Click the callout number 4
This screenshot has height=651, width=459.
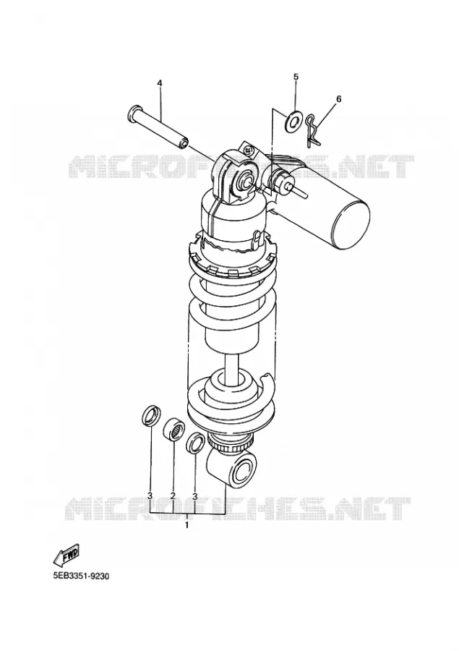(x=160, y=83)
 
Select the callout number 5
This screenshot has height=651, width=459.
(x=296, y=77)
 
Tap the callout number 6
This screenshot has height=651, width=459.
(x=338, y=99)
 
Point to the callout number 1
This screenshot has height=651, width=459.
(x=186, y=525)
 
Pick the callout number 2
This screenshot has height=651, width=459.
(x=173, y=495)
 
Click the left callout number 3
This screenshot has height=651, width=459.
(x=150, y=495)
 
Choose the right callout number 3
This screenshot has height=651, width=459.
(x=194, y=495)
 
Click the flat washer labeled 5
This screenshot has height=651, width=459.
(x=294, y=122)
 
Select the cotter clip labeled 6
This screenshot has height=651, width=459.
(x=312, y=131)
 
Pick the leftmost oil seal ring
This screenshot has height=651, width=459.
(x=150, y=415)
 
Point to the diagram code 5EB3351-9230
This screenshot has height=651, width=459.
(x=80, y=576)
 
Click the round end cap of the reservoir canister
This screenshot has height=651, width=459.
(x=352, y=224)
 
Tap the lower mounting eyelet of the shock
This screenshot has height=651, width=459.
(x=231, y=469)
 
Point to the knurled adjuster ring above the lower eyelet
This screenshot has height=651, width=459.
(x=231, y=444)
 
